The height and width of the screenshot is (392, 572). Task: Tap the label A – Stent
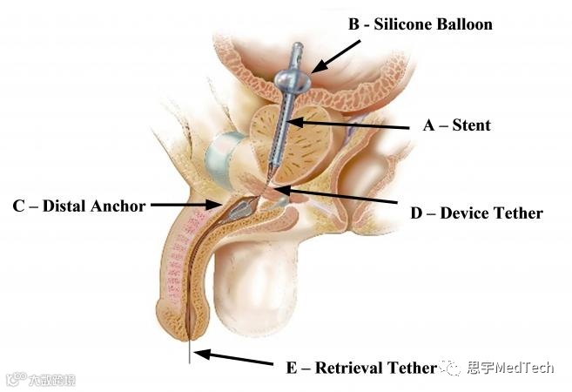pyautogui.click(x=456, y=125)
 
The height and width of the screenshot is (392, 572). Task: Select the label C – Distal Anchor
pyautogui.click(x=78, y=206)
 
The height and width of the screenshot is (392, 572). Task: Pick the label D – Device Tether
pyautogui.click(x=476, y=213)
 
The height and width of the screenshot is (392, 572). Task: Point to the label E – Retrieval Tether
pyautogui.click(x=360, y=368)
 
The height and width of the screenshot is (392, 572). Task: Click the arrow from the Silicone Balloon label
pyautogui.click(x=334, y=55)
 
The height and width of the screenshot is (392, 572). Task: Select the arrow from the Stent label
pyautogui.click(x=348, y=125)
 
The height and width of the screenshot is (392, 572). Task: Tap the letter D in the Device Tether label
pyautogui.click(x=416, y=213)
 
